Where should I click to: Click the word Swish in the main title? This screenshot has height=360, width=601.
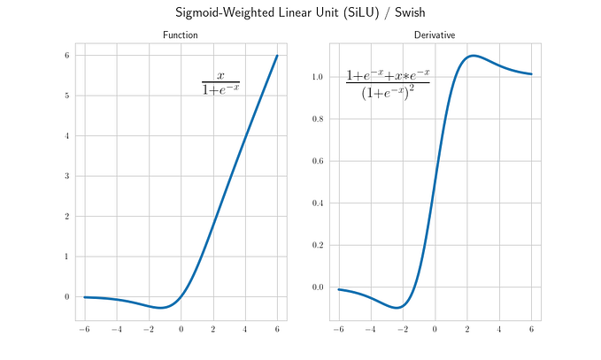(410, 12)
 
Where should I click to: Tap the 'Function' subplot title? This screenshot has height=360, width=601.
(181, 34)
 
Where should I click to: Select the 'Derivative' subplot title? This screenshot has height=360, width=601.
(435, 34)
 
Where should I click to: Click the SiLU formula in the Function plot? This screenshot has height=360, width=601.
(220, 83)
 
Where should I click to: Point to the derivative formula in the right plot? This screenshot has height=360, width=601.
(388, 84)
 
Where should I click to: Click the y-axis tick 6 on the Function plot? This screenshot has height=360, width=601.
(67, 55)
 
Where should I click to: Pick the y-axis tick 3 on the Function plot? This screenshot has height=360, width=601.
(67, 176)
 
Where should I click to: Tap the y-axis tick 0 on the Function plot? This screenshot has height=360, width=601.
(67, 296)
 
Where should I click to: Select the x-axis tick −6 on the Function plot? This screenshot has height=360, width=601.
(84, 329)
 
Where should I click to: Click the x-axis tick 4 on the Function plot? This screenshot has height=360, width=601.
(245, 329)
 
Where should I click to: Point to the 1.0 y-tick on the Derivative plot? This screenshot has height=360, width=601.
(318, 77)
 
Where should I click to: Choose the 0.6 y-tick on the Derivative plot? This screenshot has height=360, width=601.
(318, 161)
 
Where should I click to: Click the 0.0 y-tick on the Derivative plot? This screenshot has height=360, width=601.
(318, 287)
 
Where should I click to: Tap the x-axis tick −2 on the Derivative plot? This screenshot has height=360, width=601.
(403, 329)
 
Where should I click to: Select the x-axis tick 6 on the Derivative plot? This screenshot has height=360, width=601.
(531, 329)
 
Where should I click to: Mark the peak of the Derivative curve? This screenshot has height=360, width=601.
(474, 56)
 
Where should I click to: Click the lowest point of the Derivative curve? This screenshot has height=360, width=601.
(397, 307)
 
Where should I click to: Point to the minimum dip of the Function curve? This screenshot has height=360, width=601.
(161, 308)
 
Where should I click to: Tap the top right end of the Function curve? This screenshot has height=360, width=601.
(277, 56)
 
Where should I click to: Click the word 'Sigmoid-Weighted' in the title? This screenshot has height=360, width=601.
(225, 12)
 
